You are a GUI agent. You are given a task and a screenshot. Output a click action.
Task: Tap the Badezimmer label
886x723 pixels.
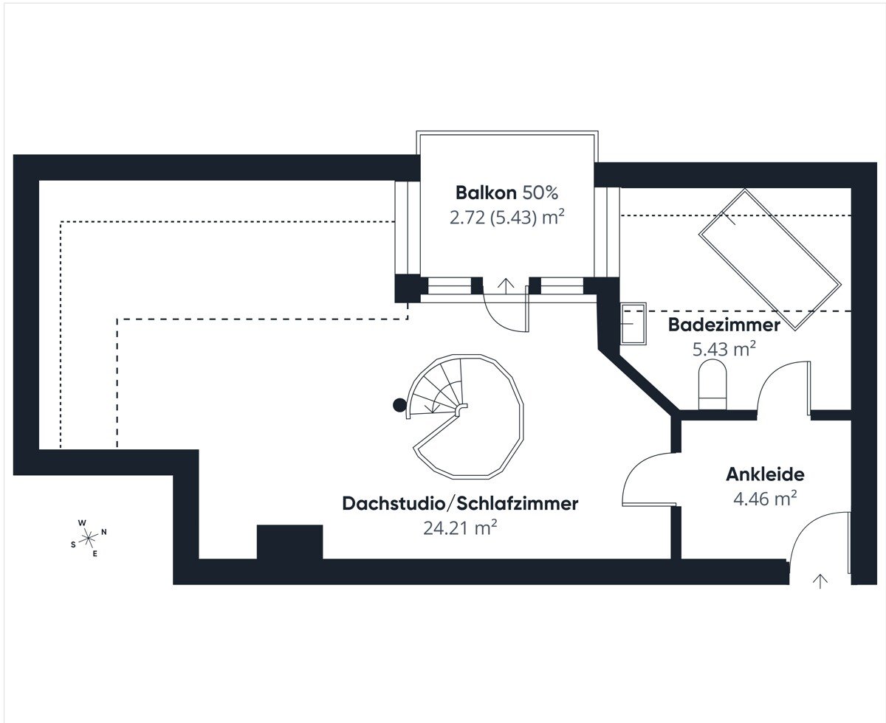coord(724,325)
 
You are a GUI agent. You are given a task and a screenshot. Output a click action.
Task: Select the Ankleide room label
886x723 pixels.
coord(764,474)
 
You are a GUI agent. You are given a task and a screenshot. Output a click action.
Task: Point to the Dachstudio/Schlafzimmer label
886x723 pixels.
coord(459,504)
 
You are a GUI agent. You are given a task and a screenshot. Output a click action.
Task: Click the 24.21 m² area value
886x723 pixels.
coord(459,527)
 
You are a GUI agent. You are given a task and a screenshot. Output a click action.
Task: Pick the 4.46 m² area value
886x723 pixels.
coord(764,499)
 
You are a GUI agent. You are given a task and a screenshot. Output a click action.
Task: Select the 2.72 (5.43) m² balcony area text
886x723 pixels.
coord(506,218)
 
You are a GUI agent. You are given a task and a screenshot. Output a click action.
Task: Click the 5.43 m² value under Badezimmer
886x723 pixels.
coord(724,349)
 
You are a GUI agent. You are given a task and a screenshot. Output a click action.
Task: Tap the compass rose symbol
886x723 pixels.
coord(88,537)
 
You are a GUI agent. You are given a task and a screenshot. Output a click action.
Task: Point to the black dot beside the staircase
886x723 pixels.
coord(399,404)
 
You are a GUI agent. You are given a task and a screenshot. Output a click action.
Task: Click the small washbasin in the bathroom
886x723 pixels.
coord(633,323)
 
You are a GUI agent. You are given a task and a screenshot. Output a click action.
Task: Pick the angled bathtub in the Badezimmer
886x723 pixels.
coord(769,259)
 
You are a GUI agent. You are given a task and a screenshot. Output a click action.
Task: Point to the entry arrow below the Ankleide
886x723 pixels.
coord(819,581)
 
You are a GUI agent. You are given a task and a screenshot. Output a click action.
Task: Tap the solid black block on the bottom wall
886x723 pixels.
coord(289,543)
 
